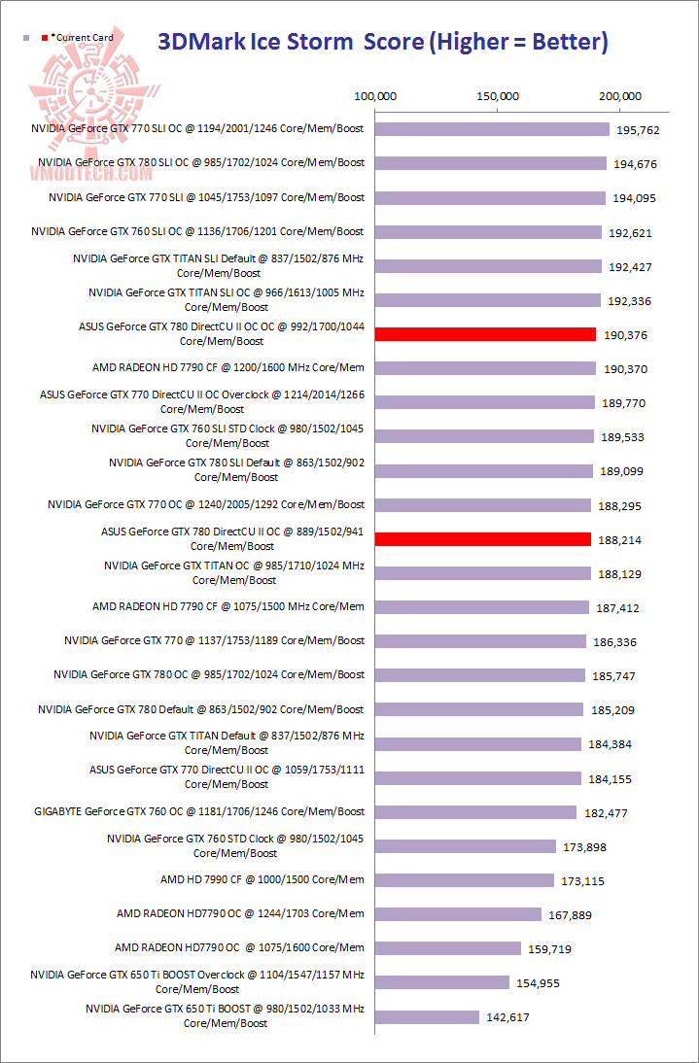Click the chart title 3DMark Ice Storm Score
383,42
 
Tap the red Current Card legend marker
45,38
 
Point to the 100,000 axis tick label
375,96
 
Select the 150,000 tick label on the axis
498,96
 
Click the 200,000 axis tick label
620,96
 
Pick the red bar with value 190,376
485,334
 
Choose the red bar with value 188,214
482,539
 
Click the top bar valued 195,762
492,129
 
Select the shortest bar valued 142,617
427,1017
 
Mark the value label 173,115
584,881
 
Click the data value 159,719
569,949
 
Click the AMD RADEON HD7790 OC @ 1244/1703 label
240,913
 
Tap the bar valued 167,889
458,914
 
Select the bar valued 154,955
442,982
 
